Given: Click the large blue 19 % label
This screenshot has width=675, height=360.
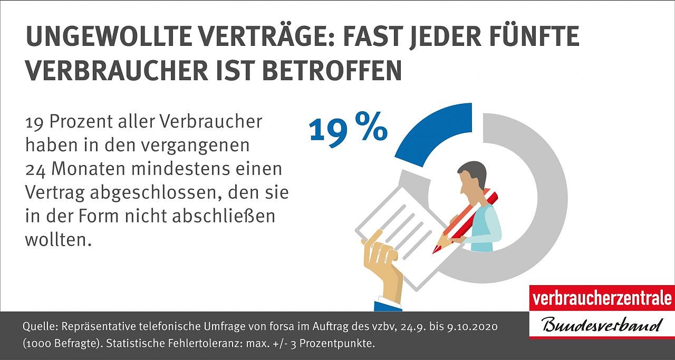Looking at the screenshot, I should [348, 129].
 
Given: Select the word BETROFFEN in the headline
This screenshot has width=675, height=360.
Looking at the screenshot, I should [332, 70].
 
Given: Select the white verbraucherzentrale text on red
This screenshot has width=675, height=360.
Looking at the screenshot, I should [602, 298].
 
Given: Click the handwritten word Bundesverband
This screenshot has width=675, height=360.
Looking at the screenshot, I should [602, 324].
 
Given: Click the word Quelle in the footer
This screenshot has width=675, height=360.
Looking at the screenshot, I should [36, 327].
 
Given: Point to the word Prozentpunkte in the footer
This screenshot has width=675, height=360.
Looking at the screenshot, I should [345, 344].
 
